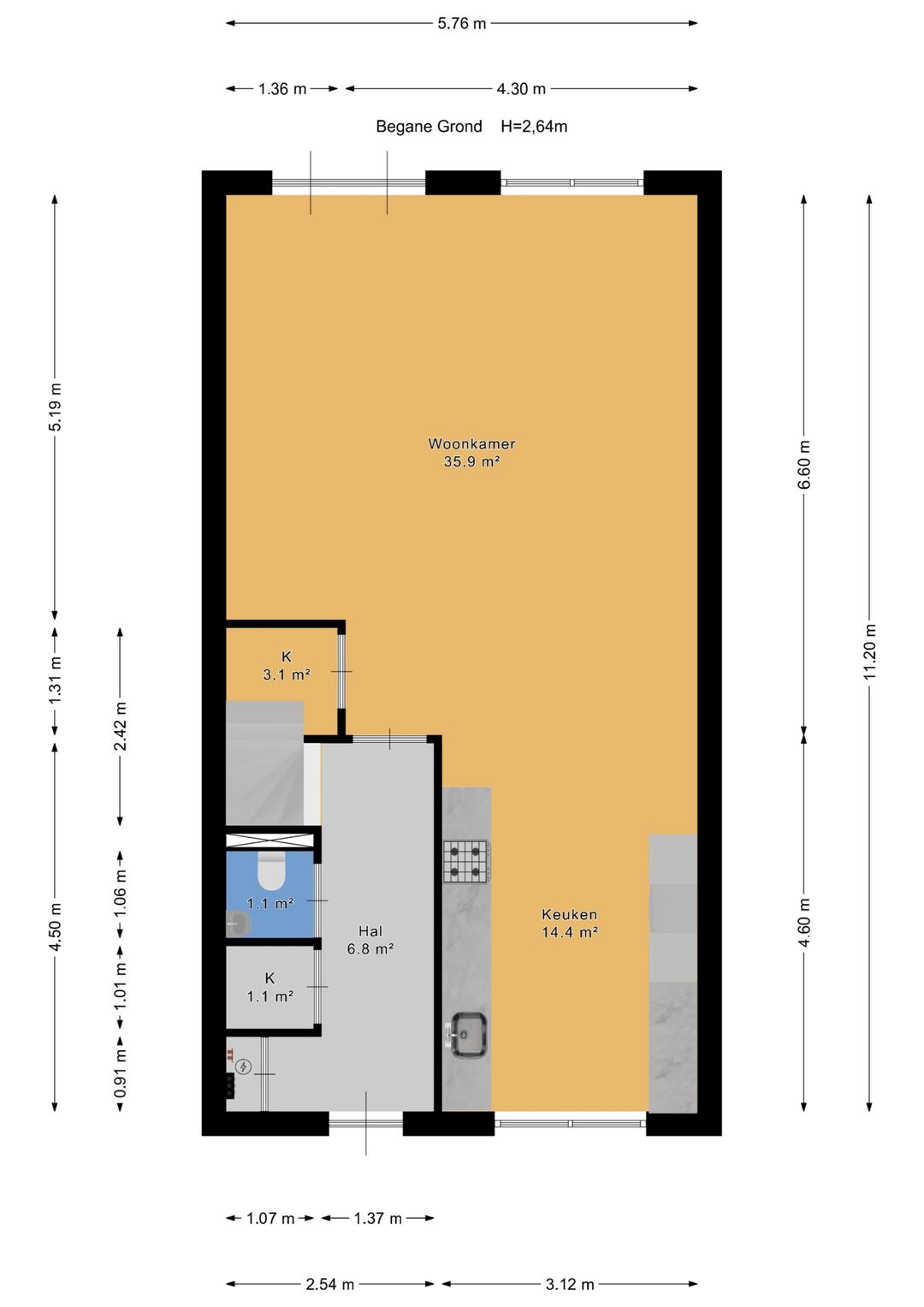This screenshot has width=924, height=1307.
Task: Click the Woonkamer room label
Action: (471, 452)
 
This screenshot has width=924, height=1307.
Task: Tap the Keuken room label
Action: (569, 923)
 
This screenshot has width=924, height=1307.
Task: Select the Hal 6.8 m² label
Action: (370, 940)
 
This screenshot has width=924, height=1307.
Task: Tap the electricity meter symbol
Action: (243, 1067)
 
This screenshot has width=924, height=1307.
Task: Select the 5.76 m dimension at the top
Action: (461, 24)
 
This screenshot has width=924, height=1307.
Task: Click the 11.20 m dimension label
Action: (870, 651)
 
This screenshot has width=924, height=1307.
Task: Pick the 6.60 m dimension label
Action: (804, 465)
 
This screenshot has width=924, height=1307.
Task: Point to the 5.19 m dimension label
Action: (56, 406)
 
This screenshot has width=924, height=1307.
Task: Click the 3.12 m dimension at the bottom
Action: (569, 1284)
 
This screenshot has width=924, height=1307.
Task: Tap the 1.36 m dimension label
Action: (282, 89)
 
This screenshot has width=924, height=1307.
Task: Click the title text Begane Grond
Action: (429, 127)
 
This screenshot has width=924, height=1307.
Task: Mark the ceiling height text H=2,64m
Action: (534, 127)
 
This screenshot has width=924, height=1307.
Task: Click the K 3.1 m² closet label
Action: (286, 666)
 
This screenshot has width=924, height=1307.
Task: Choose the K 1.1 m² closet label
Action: (269, 987)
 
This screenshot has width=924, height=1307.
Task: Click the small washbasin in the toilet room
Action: (238, 923)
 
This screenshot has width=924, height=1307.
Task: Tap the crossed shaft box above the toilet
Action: (270, 841)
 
